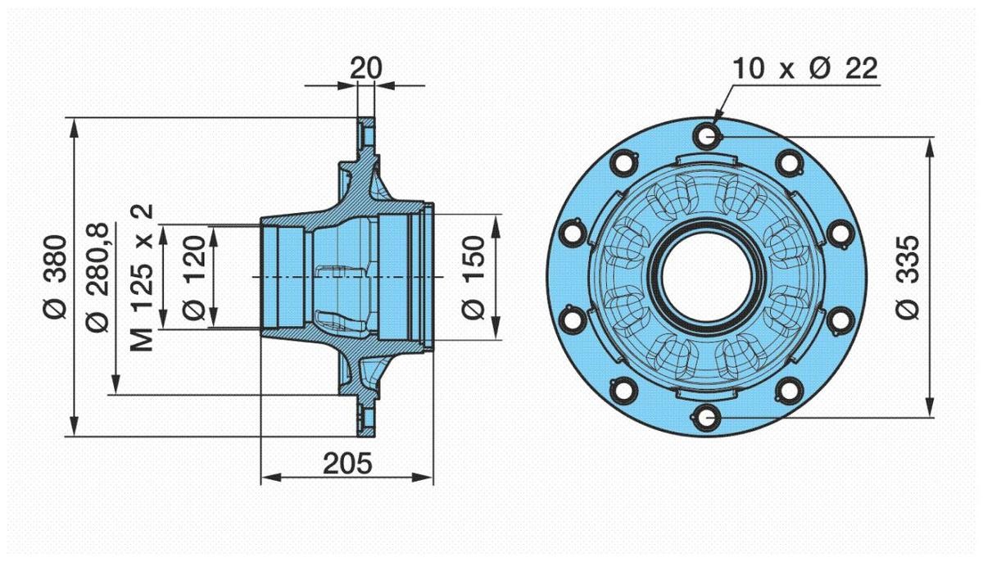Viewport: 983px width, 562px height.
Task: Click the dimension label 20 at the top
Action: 365,69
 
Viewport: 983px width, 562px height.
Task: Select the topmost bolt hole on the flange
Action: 708,134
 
